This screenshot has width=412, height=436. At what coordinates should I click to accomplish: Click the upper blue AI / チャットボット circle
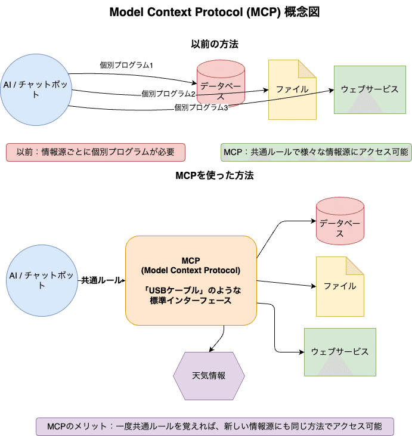click(x=36, y=89)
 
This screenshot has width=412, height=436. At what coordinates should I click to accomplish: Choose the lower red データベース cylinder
click(x=339, y=221)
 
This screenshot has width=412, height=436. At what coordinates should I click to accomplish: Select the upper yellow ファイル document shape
click(x=292, y=89)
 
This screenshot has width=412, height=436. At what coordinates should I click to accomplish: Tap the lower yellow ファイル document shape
click(x=339, y=286)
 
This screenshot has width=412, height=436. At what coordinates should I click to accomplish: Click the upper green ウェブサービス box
click(x=370, y=89)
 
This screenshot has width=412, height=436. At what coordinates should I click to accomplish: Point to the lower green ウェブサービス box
click(x=340, y=352)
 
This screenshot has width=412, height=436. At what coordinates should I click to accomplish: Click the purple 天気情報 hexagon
click(x=209, y=376)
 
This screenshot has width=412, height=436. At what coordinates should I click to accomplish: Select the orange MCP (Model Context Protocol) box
click(x=191, y=280)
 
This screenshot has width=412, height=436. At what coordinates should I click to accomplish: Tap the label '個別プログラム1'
click(x=126, y=65)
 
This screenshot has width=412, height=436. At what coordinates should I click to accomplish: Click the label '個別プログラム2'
click(x=169, y=94)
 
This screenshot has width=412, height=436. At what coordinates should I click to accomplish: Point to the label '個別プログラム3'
click(x=201, y=107)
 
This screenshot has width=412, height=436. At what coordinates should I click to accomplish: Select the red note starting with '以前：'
click(x=95, y=152)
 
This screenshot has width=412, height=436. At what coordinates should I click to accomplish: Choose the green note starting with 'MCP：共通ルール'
click(x=316, y=152)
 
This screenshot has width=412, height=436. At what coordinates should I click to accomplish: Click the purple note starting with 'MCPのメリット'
click(x=215, y=426)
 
